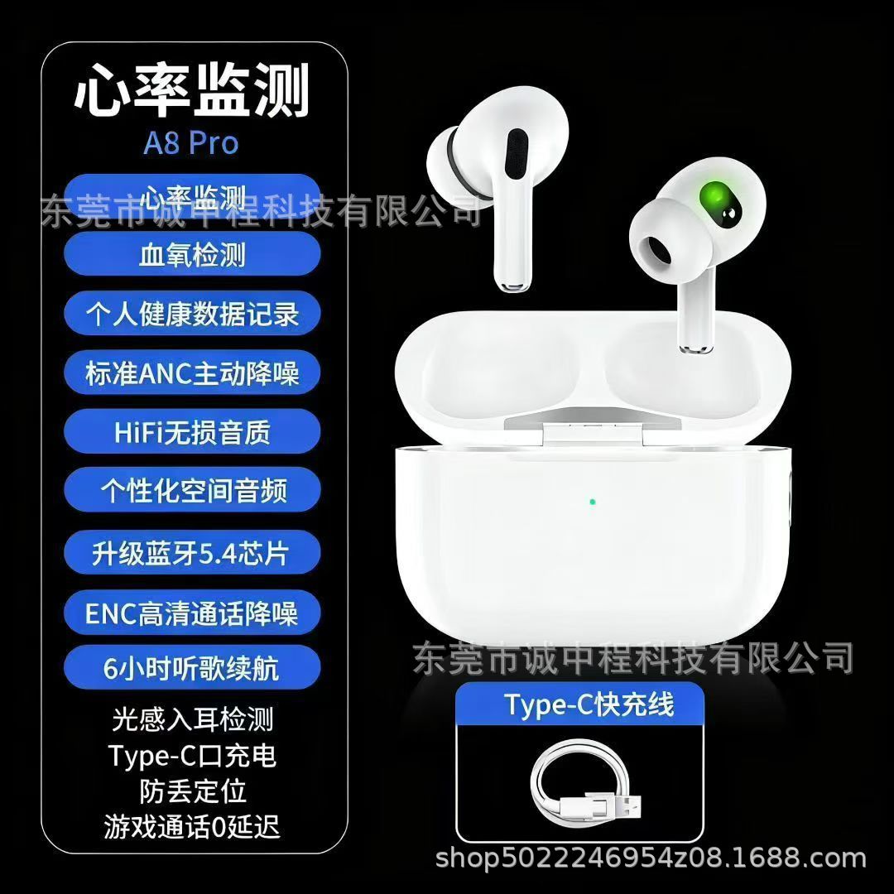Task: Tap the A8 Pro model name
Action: point(191,142)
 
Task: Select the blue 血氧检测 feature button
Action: point(191,254)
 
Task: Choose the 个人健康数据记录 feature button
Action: point(191,315)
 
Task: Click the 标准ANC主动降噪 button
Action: point(191,374)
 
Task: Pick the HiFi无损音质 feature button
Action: point(191,433)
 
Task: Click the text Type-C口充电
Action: point(191,756)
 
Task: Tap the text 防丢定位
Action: point(191,791)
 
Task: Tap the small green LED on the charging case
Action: point(593,502)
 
